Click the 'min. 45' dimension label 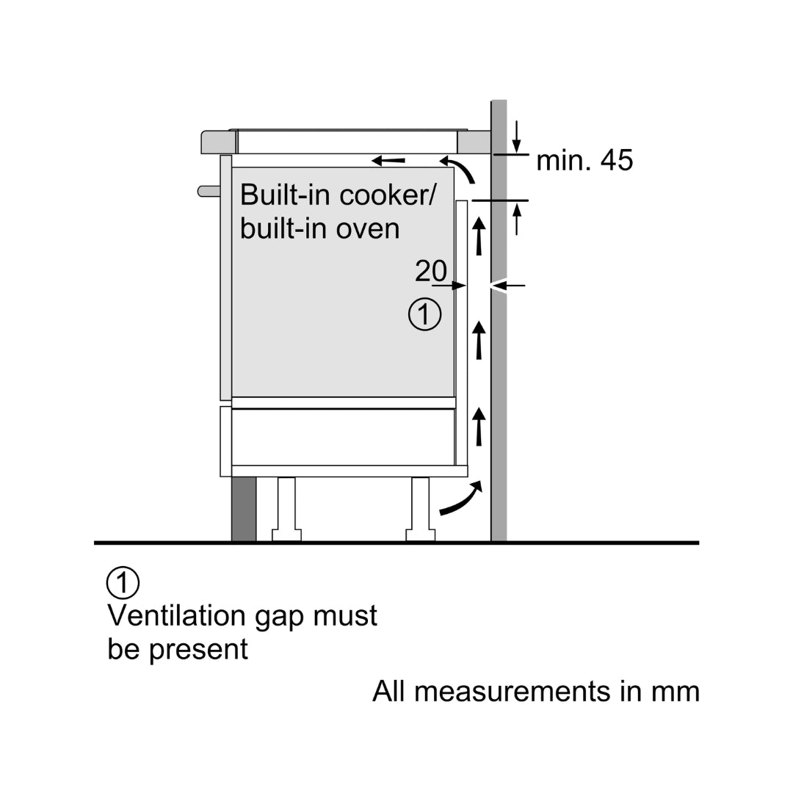tap(584, 160)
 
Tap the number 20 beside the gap tap(431, 272)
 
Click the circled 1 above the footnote tap(123, 583)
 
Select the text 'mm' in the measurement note tap(676, 692)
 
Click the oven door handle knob tap(209, 192)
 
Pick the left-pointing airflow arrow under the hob tap(388, 159)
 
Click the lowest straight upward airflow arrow tap(479, 427)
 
